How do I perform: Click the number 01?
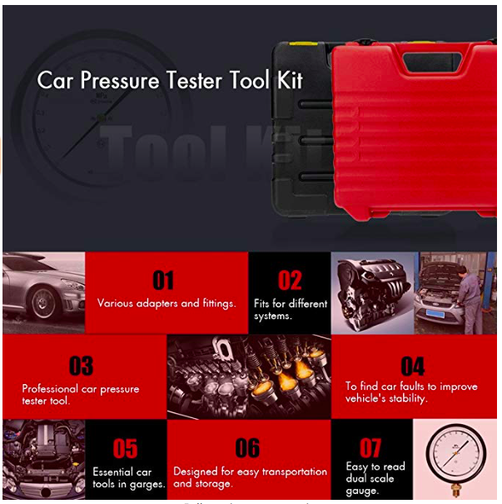[x=163, y=281]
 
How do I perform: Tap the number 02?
[x=290, y=281]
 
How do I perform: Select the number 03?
[x=81, y=366]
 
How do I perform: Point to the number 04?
[x=412, y=366]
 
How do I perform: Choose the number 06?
[x=247, y=448]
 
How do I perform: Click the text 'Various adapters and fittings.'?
[x=167, y=303]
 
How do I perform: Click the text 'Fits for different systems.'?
[x=290, y=309]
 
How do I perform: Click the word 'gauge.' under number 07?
[x=363, y=491]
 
